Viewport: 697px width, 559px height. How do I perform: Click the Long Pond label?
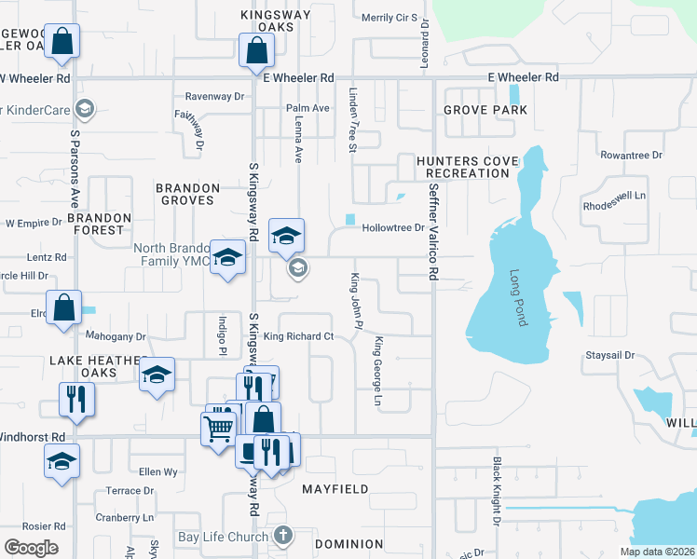(x=517, y=298)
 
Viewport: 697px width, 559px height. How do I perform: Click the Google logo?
(x=31, y=548)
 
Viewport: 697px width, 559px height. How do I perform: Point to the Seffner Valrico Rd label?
(x=433, y=233)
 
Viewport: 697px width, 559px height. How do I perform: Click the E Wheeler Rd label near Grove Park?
(x=522, y=77)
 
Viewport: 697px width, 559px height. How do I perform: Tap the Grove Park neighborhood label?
(x=485, y=110)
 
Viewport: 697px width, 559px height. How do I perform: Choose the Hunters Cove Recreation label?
(x=468, y=168)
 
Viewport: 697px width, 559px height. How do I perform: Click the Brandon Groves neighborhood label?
(x=188, y=194)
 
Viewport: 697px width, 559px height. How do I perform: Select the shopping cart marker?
(x=218, y=429)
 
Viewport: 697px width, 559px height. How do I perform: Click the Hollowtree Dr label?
(x=393, y=227)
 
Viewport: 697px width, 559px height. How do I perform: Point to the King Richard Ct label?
(x=298, y=336)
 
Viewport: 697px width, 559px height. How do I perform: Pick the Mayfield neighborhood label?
(x=335, y=488)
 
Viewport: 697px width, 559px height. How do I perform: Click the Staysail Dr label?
(x=609, y=355)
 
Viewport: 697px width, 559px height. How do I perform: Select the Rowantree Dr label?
(x=631, y=156)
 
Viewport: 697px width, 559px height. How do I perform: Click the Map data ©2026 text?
(x=657, y=552)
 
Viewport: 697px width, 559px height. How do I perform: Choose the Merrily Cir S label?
(x=389, y=18)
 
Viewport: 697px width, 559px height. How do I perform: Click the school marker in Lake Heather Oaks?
(x=157, y=375)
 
